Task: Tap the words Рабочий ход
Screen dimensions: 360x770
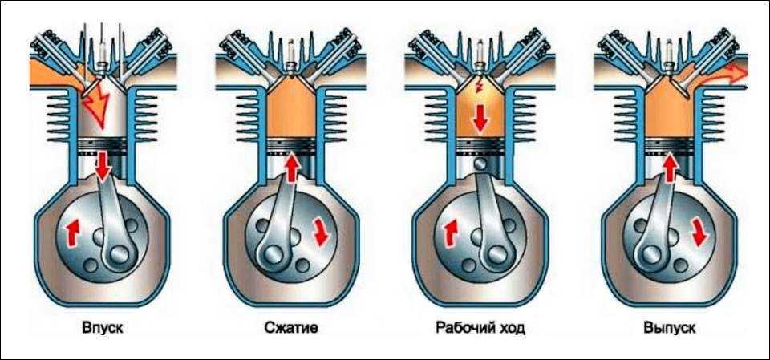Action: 480,328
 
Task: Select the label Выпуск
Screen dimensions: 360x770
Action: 670,328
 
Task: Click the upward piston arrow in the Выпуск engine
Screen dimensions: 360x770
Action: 668,167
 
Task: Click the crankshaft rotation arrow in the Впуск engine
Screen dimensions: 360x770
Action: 71,233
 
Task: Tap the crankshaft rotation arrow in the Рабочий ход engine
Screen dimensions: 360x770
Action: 448,233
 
